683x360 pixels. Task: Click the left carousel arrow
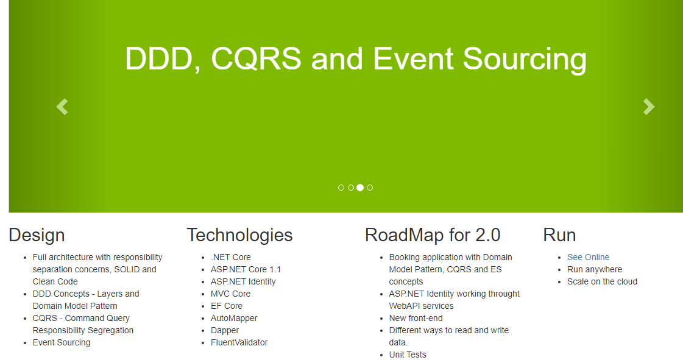pyautogui.click(x=62, y=107)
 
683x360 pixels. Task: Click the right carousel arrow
pyautogui.click(x=649, y=107)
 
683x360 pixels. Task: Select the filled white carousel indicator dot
pyautogui.click(x=360, y=188)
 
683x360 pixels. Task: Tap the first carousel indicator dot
pyautogui.click(x=341, y=188)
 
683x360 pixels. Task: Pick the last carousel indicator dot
pyautogui.click(x=370, y=188)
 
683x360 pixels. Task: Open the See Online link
pyautogui.click(x=588, y=257)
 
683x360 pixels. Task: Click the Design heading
pyautogui.click(x=37, y=235)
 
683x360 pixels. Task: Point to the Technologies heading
pyautogui.click(x=239, y=235)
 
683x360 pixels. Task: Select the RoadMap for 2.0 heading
pyautogui.click(x=433, y=235)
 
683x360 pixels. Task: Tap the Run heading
pyautogui.click(x=559, y=235)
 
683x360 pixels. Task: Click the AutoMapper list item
pyautogui.click(x=234, y=318)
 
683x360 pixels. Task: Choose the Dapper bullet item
pyautogui.click(x=225, y=330)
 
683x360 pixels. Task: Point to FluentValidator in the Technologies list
pyautogui.click(x=239, y=342)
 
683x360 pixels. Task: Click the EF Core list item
pyautogui.click(x=227, y=306)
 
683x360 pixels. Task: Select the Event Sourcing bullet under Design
pyautogui.click(x=62, y=342)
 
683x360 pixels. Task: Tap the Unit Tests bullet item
pyautogui.click(x=408, y=355)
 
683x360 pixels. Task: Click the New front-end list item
pyautogui.click(x=416, y=318)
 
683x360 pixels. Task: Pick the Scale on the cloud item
pyautogui.click(x=602, y=281)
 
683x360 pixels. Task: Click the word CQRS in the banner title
pyautogui.click(x=256, y=58)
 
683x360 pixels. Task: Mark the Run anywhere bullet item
pyautogui.click(x=595, y=269)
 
